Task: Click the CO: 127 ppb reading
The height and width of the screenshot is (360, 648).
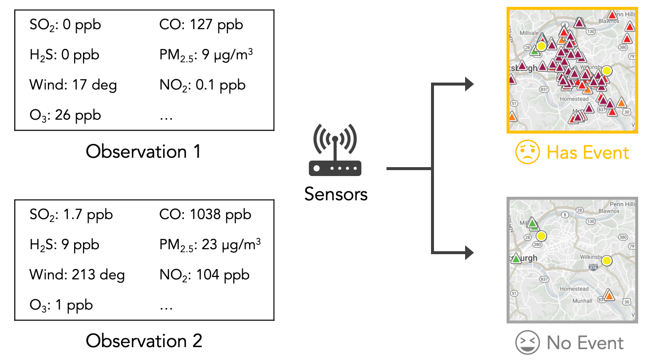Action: tap(201, 25)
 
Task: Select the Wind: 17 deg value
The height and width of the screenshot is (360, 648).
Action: tap(73, 85)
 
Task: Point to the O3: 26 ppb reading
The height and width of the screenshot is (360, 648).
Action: tap(65, 115)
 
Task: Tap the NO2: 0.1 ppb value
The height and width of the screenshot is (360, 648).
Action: tap(203, 85)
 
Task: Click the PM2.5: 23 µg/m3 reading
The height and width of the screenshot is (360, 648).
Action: tap(210, 245)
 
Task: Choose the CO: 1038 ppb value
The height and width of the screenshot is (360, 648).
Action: tap(205, 215)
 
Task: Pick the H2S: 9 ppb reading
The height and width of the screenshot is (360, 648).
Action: tap(64, 245)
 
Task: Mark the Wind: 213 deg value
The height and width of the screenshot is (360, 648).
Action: tap(77, 274)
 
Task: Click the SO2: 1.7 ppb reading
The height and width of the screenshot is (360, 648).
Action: tap(71, 215)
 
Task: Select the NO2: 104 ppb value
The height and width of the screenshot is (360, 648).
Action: tap(205, 274)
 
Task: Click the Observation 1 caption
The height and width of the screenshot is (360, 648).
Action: tap(143, 151)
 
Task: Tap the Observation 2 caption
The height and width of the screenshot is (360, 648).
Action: tap(144, 341)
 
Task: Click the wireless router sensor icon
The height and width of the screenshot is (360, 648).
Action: tap(335, 150)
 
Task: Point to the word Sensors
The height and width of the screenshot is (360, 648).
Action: tap(336, 194)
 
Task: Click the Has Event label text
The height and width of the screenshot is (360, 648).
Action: tap(588, 152)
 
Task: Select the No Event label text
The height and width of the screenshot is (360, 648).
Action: tap(585, 342)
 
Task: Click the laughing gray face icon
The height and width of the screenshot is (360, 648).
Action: tap(526, 342)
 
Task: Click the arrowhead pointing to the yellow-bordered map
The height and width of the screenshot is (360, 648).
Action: tap(468, 85)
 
